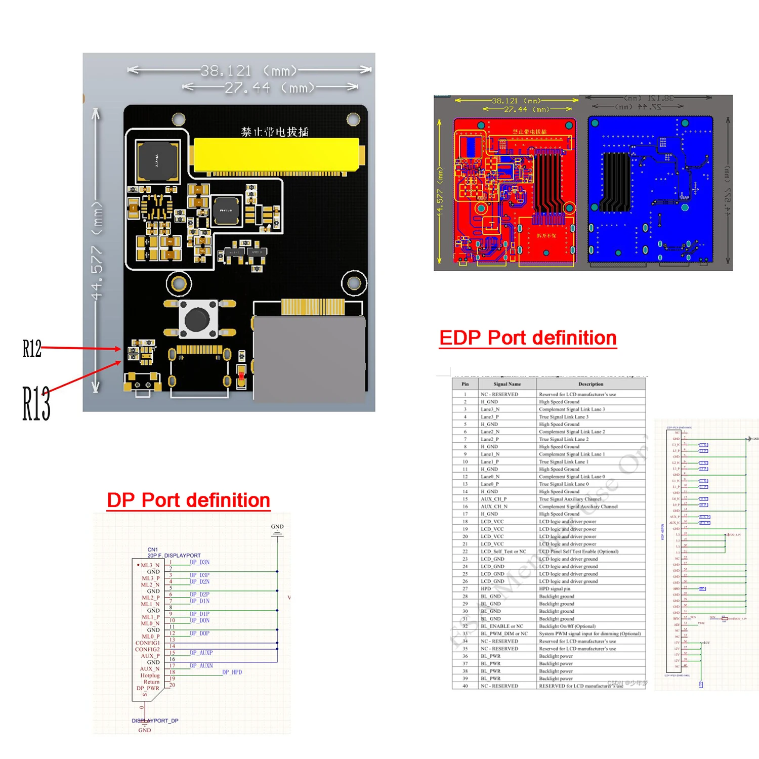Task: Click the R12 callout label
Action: (x=31, y=349)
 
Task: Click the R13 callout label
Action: (x=36, y=403)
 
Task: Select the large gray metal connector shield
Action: (x=309, y=359)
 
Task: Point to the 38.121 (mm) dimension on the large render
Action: (x=226, y=71)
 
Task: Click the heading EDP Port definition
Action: (x=528, y=338)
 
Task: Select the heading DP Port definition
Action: (x=188, y=500)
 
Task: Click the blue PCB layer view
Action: (x=650, y=190)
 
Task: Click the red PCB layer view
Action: (x=515, y=190)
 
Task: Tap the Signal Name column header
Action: (x=507, y=384)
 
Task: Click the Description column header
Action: (x=591, y=384)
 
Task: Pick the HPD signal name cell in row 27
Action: (x=486, y=589)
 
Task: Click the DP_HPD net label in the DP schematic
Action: (x=232, y=672)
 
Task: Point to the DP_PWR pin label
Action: (x=148, y=688)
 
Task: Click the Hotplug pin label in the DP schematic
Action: (x=150, y=676)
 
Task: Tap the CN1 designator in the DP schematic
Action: (x=152, y=550)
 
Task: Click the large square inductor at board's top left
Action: (x=157, y=161)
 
